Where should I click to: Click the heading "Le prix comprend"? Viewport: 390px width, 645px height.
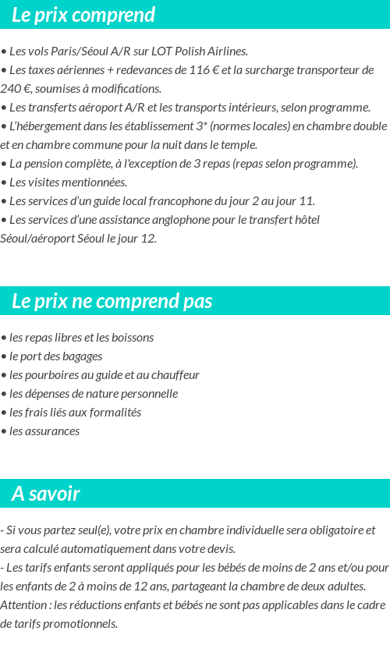click(83, 15)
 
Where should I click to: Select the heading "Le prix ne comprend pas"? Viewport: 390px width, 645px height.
click(112, 301)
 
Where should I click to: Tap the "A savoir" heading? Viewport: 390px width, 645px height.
click(46, 494)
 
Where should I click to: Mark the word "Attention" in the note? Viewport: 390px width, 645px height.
click(23, 605)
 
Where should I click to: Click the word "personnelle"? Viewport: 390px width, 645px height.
click(149, 394)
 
